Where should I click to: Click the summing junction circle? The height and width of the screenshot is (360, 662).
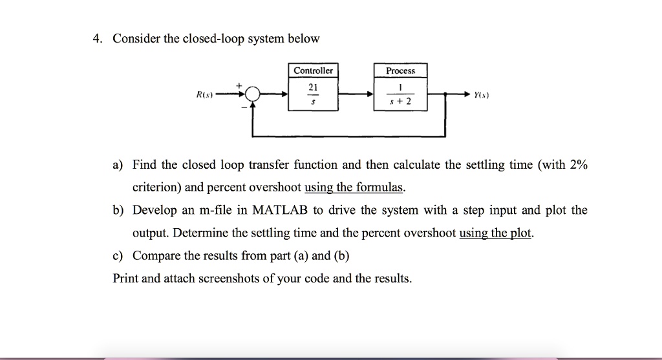(x=252, y=95)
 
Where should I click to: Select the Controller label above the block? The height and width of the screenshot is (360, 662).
(x=313, y=70)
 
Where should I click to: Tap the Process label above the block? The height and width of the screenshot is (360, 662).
(x=400, y=70)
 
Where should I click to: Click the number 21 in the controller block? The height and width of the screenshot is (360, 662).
(x=314, y=87)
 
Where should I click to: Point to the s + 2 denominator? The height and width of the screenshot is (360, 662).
(x=400, y=103)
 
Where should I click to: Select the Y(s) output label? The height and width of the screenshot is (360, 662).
(x=482, y=95)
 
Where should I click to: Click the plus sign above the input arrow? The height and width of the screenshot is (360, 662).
(x=239, y=85)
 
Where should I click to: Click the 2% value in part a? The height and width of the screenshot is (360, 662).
(x=578, y=165)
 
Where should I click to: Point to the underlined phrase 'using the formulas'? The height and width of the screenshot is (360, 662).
(x=354, y=188)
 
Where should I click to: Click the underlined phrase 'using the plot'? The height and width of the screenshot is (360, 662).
(x=496, y=233)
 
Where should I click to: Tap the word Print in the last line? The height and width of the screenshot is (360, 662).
(x=125, y=279)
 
